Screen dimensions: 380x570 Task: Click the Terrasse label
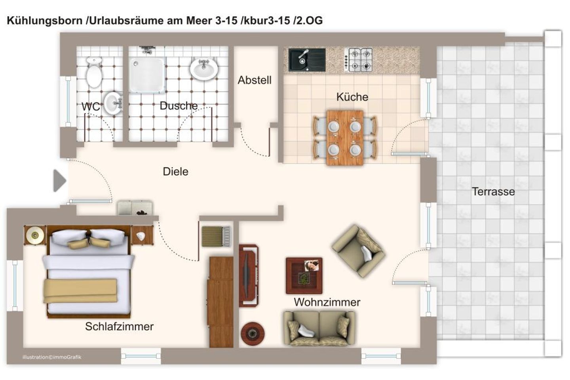coord(493,192)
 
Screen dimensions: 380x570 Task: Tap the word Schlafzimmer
coord(119,327)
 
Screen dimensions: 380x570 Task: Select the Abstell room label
coord(255,80)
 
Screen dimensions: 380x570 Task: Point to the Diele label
coord(175,172)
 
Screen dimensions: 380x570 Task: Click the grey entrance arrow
coord(59,181)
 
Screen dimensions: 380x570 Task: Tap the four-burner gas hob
coord(359,60)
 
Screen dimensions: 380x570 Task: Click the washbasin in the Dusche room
coord(204,68)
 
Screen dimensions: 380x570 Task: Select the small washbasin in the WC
coord(113,104)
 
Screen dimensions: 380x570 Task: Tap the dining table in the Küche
coord(345,138)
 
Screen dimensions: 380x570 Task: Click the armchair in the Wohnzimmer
coord(358,251)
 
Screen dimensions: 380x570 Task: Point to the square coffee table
coord(304,275)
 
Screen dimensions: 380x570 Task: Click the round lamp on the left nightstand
coord(35,236)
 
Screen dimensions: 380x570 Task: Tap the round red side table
coord(253,333)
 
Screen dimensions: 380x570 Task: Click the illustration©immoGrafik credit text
coord(52,357)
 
